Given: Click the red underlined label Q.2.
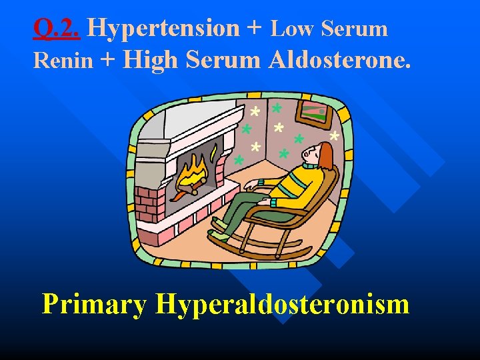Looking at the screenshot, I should pyautogui.click(x=57, y=28).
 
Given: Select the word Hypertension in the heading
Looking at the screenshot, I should pyautogui.click(x=163, y=28).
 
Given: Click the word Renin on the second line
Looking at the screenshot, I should pyautogui.click(x=63, y=61).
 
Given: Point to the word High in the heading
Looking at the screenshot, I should pyautogui.click(x=151, y=60).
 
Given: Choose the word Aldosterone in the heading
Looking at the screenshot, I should pyautogui.click(x=339, y=60).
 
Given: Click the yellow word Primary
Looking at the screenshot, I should pyautogui.click(x=94, y=304).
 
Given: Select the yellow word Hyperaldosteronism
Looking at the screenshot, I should pyautogui.click(x=282, y=304).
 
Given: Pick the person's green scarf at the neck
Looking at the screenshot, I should pyautogui.click(x=309, y=166).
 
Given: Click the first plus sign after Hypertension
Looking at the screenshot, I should pyautogui.click(x=254, y=28).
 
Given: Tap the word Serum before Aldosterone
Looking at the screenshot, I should pyautogui.click(x=223, y=60).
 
